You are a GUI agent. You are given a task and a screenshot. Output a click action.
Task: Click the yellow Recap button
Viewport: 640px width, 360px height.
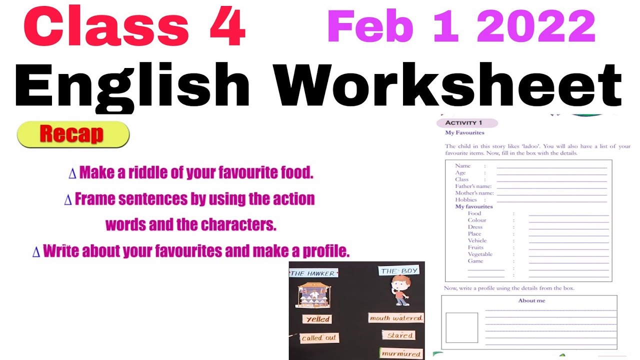[73, 134]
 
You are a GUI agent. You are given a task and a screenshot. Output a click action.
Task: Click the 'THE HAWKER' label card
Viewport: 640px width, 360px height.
[313, 273]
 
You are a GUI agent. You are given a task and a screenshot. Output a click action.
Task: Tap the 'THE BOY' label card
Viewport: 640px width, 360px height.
[399, 271]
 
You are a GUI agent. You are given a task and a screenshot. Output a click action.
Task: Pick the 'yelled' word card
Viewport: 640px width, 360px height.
[317, 319]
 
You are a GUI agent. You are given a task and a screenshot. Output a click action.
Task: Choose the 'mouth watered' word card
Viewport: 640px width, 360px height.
[396, 318]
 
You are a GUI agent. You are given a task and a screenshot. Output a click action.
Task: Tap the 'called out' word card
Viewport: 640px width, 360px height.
[319, 338]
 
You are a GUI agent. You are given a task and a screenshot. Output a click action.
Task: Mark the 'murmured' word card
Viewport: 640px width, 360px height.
[401, 353]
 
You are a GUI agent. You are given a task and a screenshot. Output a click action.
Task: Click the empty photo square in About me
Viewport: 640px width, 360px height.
[461, 327]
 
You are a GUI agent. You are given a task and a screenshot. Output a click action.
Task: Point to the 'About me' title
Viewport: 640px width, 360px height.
[531, 300]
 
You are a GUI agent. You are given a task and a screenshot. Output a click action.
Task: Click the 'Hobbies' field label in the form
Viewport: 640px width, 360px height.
[466, 199]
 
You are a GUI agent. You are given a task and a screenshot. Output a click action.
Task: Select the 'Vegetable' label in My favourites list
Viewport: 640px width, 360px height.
[480, 254]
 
